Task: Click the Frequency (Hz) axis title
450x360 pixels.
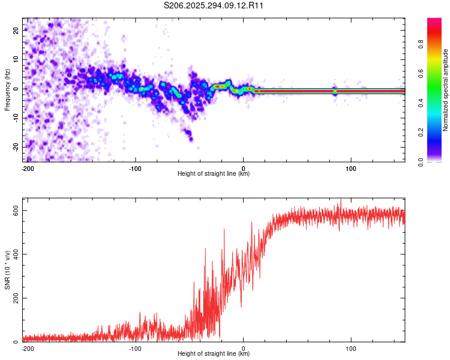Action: [x=7, y=89]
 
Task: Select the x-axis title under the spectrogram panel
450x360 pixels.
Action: [x=214, y=174]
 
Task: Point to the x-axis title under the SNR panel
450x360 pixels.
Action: [x=214, y=354]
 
